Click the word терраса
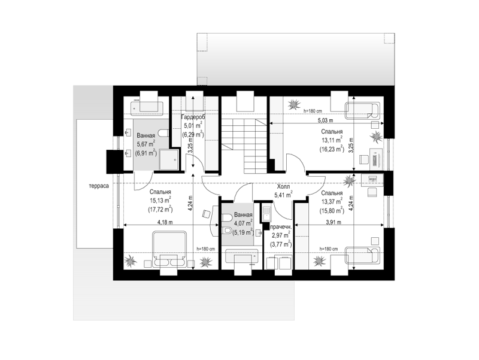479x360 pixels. (x=99, y=186)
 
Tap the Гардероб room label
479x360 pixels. (x=193, y=117)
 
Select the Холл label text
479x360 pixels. (x=283, y=186)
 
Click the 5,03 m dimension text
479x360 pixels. (x=325, y=120)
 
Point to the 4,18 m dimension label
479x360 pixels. (x=165, y=222)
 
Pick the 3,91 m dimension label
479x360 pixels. (x=334, y=222)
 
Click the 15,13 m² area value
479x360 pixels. (x=160, y=201)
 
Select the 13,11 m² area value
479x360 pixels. (x=332, y=140)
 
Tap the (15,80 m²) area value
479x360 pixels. (x=332, y=210)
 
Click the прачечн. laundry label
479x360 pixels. (x=281, y=228)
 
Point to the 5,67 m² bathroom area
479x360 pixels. (x=145, y=144)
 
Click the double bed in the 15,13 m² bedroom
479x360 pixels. (x=169, y=249)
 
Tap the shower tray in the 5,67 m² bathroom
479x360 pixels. (x=169, y=159)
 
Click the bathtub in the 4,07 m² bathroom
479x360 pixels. (x=242, y=256)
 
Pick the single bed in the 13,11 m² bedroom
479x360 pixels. (x=362, y=111)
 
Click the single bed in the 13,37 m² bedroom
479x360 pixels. (x=362, y=256)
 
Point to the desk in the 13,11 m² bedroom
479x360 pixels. (x=376, y=158)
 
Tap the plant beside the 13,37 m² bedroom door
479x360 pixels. (x=349, y=181)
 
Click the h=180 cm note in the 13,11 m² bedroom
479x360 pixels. (x=313, y=111)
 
